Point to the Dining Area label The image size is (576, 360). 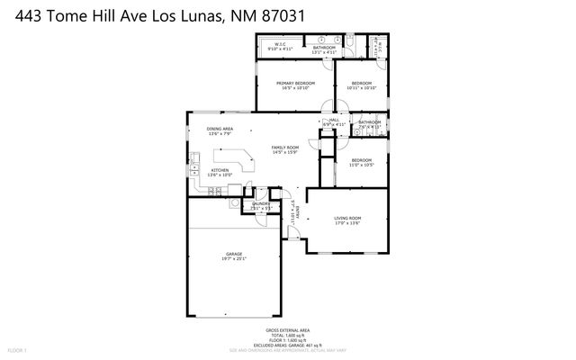[220, 129]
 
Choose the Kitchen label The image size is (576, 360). [220, 169]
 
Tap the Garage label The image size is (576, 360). [234, 254]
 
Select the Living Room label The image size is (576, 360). [347, 218]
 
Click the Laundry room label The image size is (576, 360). [261, 204]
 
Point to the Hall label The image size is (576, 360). [334, 120]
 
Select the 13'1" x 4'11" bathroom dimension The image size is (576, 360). [324, 52]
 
